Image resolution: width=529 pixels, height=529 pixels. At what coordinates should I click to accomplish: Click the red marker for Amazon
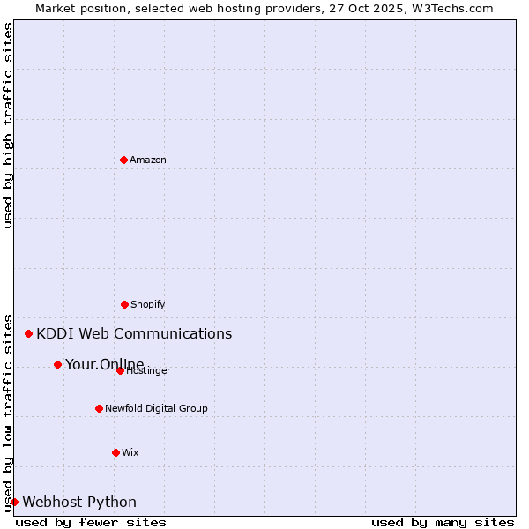point(123,160)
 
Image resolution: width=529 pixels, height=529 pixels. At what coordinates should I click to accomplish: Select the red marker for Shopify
point(124,304)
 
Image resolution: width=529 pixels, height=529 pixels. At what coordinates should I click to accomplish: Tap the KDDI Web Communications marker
point(29,333)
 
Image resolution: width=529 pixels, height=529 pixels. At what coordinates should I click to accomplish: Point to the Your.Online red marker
point(57,364)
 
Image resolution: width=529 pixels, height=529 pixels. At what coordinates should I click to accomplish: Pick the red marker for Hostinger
point(120,370)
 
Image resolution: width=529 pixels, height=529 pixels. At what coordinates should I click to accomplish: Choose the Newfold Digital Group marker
point(99,408)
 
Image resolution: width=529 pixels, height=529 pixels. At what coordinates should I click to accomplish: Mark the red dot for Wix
point(115,452)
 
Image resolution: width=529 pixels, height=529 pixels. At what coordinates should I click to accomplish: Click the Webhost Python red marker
point(14,502)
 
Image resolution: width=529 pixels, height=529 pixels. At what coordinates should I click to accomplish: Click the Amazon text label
point(148,160)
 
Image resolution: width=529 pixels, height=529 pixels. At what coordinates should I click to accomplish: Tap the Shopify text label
point(148,304)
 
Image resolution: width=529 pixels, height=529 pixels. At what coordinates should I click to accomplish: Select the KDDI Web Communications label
point(134,333)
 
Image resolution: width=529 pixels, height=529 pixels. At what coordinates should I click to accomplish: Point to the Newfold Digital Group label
point(156,408)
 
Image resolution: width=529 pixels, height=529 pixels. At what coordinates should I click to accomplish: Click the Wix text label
point(130,452)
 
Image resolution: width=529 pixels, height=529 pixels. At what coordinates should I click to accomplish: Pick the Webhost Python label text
point(79,502)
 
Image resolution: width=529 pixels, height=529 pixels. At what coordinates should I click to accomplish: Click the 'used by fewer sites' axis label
point(91,522)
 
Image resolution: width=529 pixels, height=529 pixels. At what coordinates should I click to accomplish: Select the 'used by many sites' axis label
point(443,522)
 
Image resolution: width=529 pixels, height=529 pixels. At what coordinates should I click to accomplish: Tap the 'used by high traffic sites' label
point(8,125)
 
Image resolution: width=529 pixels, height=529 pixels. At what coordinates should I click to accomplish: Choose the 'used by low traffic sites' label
point(8,412)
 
